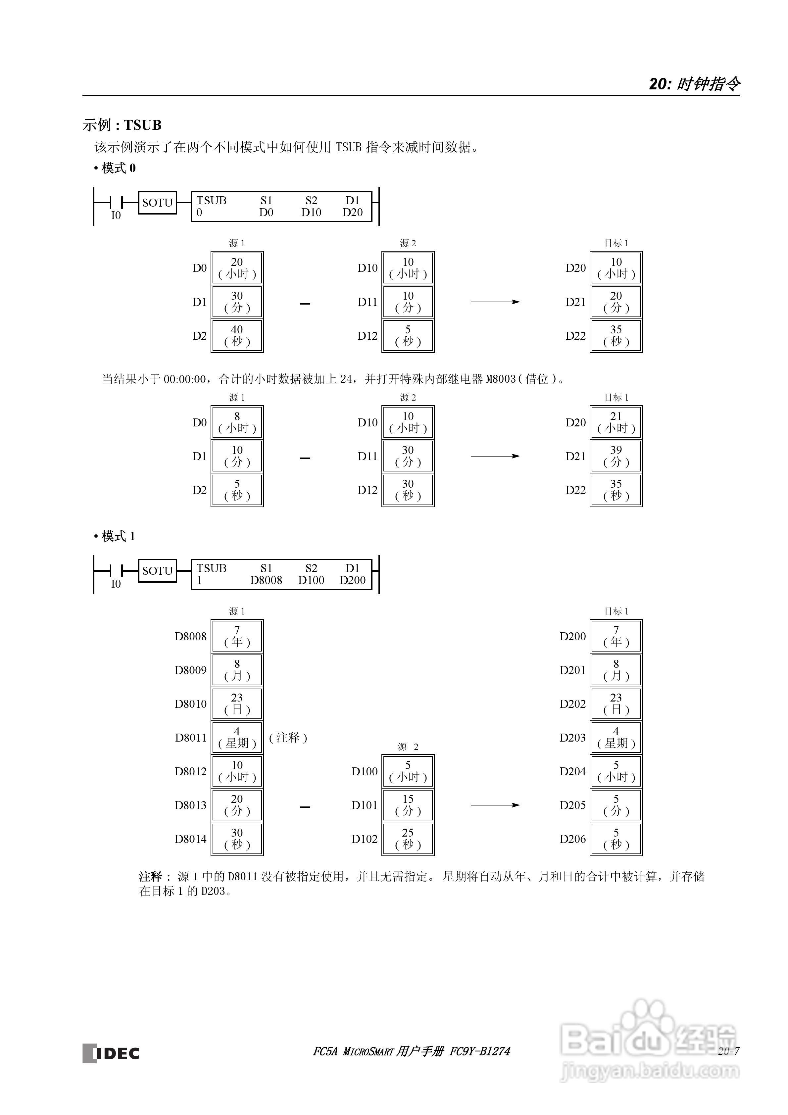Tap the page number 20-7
point(728,1051)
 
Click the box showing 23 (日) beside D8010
point(237,704)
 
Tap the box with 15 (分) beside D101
point(408,805)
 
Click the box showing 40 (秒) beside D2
point(237,336)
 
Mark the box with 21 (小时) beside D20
point(616,422)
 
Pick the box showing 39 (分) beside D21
point(616,456)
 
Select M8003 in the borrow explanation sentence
point(500,379)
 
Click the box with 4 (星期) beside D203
point(616,738)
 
